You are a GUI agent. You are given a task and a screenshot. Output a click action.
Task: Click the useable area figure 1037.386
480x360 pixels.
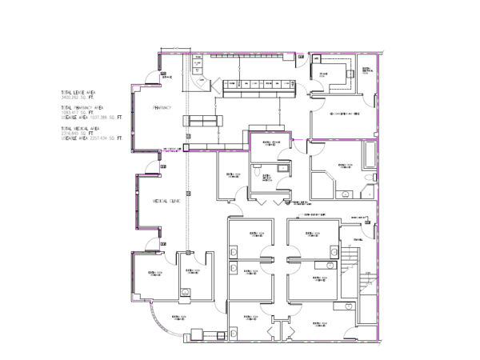coord(95,117)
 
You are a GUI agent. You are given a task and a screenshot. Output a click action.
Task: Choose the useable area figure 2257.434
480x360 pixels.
coord(95,138)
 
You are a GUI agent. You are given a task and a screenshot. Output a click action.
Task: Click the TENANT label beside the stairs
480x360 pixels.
coord(356,239)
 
